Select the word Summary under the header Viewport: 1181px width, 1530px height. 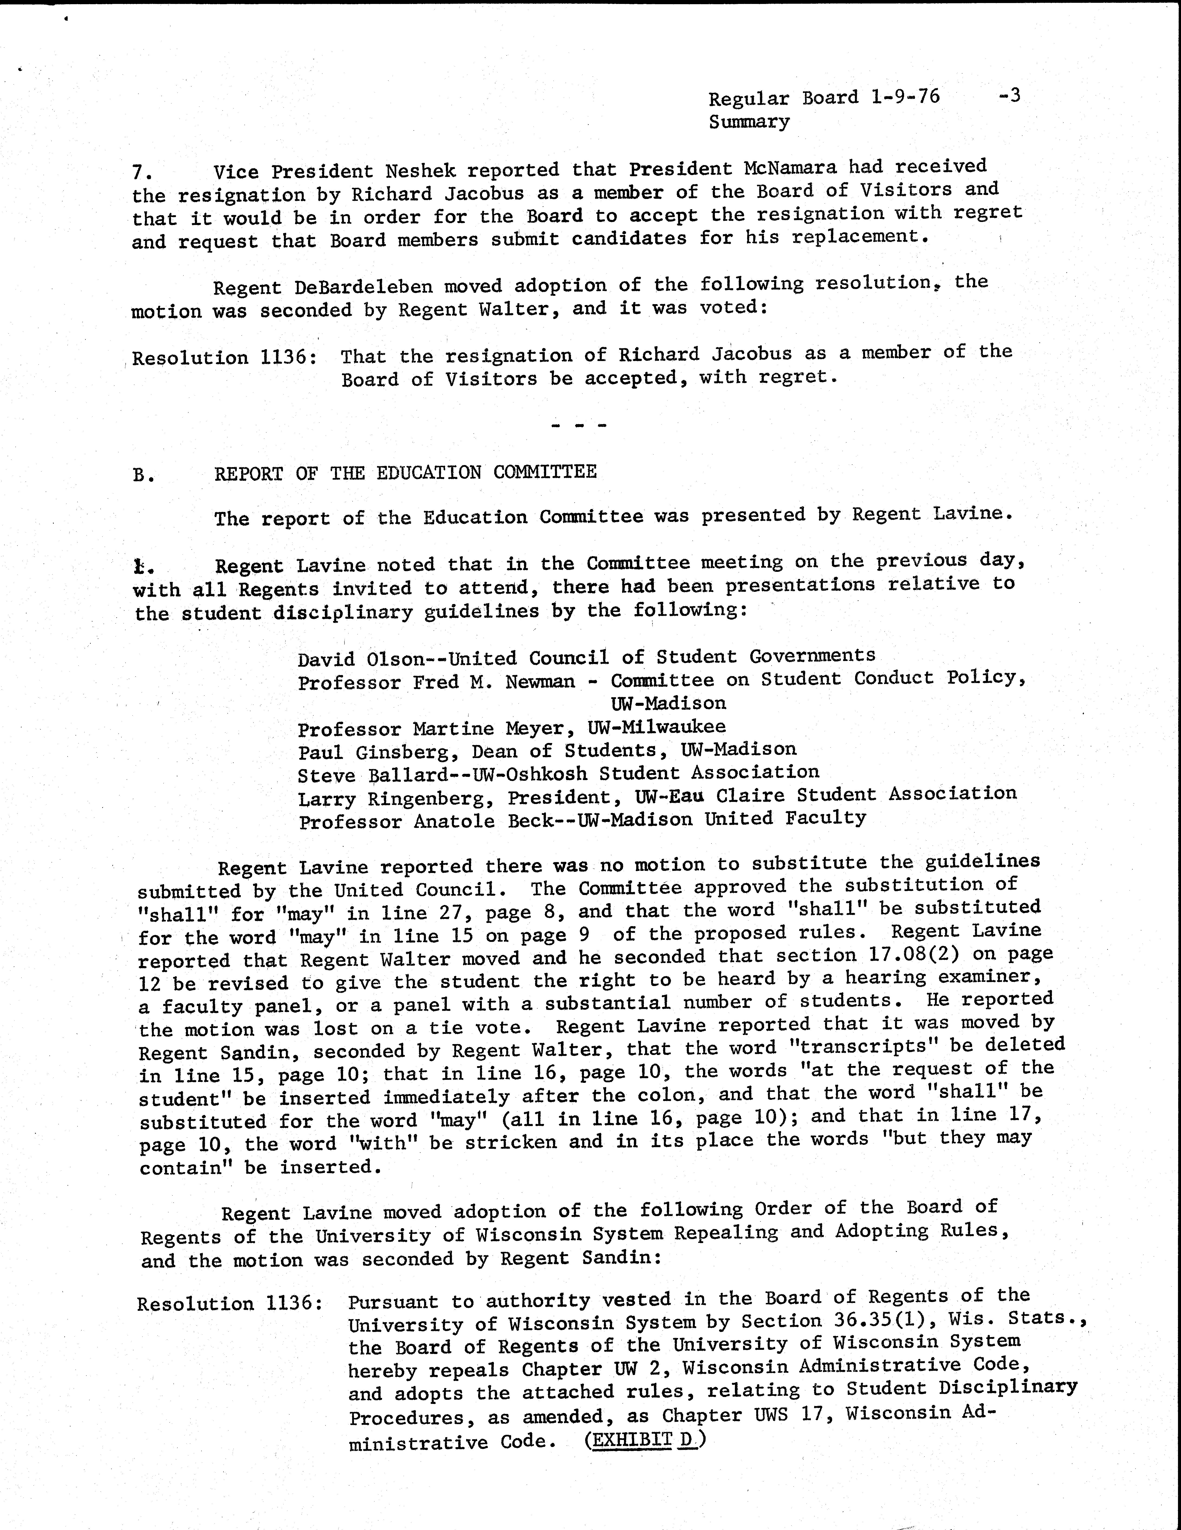pyautogui.click(x=749, y=122)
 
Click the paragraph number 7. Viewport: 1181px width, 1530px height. pyautogui.click(x=141, y=172)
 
